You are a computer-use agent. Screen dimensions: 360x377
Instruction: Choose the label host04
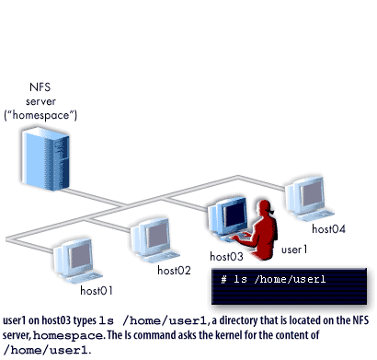(x=328, y=228)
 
